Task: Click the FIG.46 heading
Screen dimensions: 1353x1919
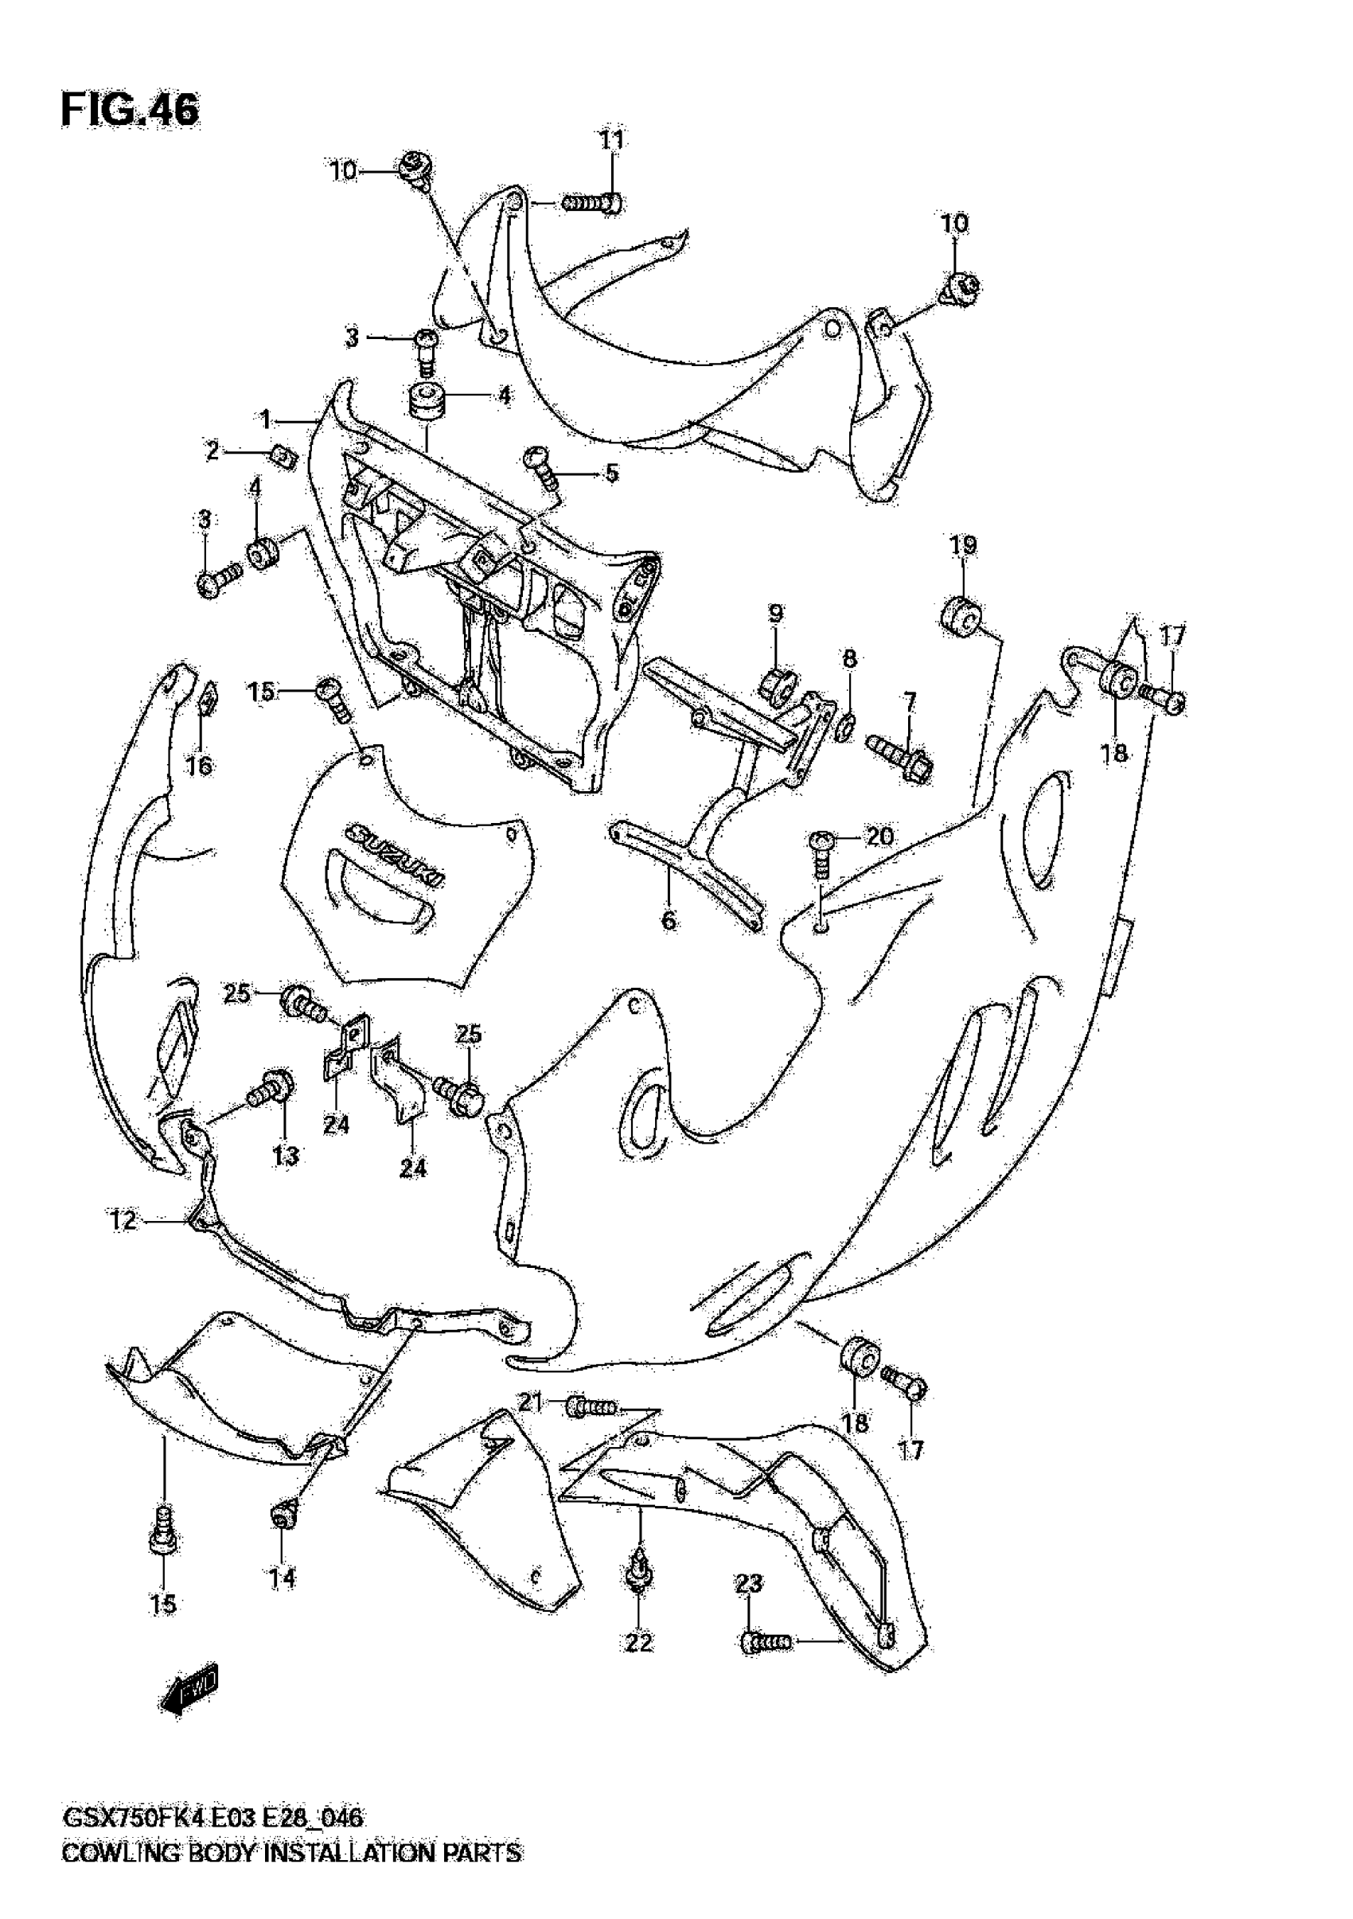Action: point(130,110)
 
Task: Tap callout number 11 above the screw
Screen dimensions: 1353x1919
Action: point(612,139)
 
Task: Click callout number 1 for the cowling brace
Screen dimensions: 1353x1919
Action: point(266,419)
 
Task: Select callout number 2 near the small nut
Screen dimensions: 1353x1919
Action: point(213,451)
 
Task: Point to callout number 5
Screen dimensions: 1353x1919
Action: point(612,473)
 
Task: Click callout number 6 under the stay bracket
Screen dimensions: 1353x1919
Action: point(669,921)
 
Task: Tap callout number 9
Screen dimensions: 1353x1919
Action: point(775,614)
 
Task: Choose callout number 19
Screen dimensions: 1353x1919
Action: point(963,546)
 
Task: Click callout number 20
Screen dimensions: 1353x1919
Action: point(879,836)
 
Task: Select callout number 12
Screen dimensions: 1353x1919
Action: point(123,1221)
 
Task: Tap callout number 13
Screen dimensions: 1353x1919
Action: point(285,1156)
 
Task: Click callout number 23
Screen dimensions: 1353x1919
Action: point(749,1583)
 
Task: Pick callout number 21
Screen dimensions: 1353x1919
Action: point(531,1402)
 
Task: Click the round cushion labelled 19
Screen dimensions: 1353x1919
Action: point(962,618)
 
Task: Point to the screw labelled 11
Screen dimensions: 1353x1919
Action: point(591,203)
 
